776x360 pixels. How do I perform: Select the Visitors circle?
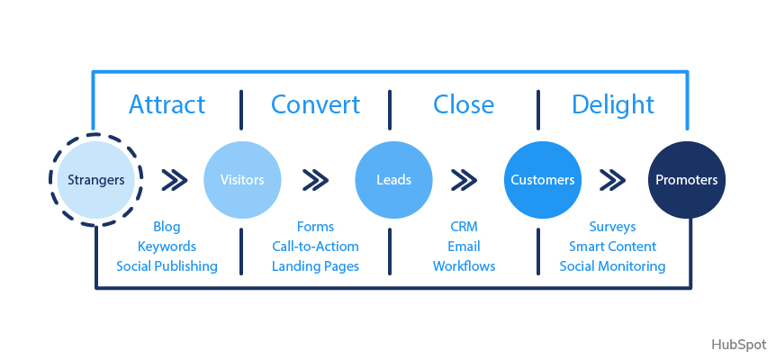coord(242,180)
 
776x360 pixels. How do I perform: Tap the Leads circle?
coord(393,180)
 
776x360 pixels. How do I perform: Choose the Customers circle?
coord(542,180)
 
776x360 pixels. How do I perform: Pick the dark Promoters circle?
coord(687,180)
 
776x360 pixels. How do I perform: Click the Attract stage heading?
coord(167,104)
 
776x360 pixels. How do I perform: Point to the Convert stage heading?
coord(315,104)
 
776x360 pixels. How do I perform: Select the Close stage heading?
coord(464,104)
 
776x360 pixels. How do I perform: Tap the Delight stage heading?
coord(612,104)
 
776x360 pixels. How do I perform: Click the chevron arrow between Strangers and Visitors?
coord(174,180)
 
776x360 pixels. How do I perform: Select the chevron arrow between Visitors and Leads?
coord(316,180)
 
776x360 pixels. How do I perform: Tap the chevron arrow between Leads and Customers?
coord(465,180)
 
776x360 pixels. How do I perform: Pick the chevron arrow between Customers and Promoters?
coord(613,180)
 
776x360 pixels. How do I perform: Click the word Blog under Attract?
coord(167,227)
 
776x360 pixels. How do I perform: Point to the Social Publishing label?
coord(167,266)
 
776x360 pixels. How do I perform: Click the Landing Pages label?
coord(315,266)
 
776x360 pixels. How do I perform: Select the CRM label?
coord(464,227)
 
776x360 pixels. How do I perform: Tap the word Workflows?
coord(464,266)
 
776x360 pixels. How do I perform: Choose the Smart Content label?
coord(612,247)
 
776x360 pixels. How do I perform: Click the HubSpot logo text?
coord(738,345)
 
